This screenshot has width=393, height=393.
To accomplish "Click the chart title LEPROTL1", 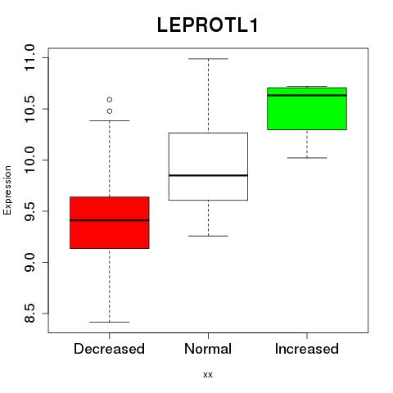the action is click(x=207, y=25).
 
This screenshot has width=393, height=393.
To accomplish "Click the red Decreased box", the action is click(x=110, y=223).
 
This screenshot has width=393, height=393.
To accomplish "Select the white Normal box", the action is click(x=208, y=166).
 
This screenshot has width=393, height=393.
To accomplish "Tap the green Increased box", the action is click(x=307, y=109).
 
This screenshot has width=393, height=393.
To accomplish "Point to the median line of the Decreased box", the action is click(x=110, y=220).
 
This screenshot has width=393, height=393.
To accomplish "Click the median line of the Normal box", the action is click(x=208, y=175).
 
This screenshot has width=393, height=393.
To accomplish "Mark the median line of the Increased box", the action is click(x=307, y=95).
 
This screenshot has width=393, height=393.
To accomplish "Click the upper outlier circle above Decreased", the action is click(x=110, y=100).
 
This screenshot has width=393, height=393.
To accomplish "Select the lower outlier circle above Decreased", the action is click(x=110, y=111).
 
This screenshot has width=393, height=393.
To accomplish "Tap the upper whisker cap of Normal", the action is click(x=208, y=59).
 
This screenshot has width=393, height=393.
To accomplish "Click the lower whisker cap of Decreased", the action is click(x=110, y=322).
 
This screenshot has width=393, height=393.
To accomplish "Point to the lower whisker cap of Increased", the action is click(x=307, y=158).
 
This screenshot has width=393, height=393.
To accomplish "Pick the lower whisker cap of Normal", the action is click(x=208, y=236).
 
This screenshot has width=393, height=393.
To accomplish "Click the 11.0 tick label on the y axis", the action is click(x=29, y=57).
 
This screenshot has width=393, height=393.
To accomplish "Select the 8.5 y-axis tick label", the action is click(x=29, y=314).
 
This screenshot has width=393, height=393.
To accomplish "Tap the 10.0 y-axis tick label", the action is click(x=29, y=160).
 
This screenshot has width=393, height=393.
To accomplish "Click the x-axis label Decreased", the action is click(x=109, y=349).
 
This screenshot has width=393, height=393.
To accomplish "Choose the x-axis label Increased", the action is click(x=307, y=349).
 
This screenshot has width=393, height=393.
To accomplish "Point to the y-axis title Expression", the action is click(x=7, y=191).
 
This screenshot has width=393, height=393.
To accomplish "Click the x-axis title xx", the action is click(x=208, y=375).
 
